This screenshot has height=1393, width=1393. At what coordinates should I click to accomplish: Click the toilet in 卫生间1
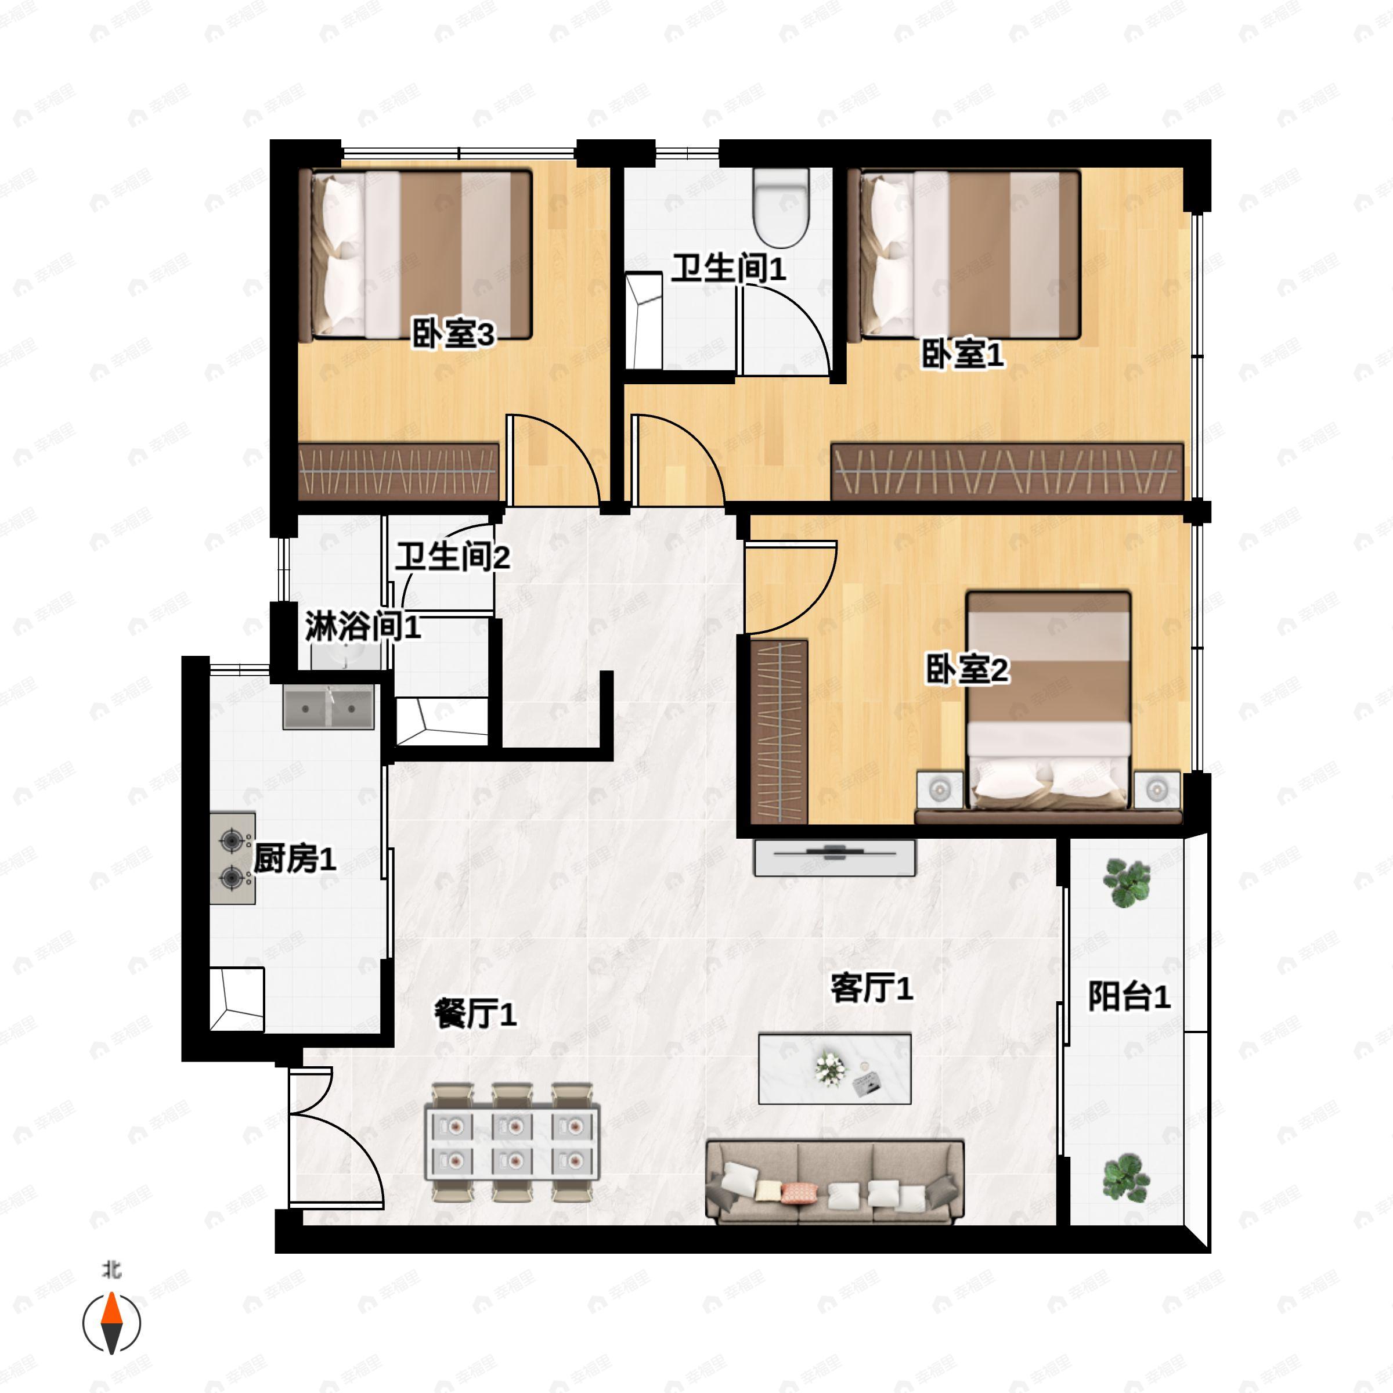[x=780, y=208]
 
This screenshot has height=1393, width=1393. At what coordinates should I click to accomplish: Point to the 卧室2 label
[x=968, y=670]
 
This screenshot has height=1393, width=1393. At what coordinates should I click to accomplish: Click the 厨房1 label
[x=295, y=859]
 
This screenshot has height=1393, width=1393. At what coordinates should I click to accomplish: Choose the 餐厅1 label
[x=475, y=1014]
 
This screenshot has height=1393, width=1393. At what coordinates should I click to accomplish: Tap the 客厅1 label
[x=872, y=987]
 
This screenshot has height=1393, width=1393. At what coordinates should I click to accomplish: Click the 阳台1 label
[x=1129, y=997]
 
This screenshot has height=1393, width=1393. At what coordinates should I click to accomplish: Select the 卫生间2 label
[x=453, y=557]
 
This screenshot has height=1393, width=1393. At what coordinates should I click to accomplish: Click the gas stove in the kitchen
[x=233, y=859]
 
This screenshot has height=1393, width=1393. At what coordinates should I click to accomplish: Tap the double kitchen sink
[x=329, y=708]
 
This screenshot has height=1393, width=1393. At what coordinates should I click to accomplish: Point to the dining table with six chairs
[x=513, y=1142]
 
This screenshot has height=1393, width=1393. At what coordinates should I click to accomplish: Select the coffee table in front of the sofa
[x=835, y=1069]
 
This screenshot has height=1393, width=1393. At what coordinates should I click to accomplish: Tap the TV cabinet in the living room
[x=835, y=857]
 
